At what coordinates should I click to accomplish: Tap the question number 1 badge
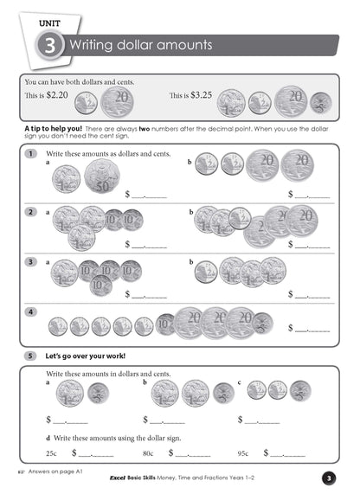click(x=30, y=154)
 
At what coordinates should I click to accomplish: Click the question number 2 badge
click(x=30, y=211)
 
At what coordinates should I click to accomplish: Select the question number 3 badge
click(x=30, y=260)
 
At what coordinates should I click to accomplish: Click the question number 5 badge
click(x=30, y=356)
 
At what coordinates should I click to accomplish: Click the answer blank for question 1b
click(x=311, y=196)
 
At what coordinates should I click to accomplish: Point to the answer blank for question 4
click(x=311, y=329)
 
